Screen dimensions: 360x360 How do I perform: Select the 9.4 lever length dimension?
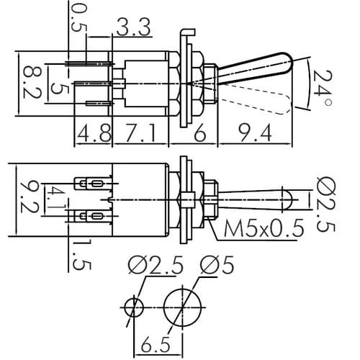pyautogui.click(x=255, y=132)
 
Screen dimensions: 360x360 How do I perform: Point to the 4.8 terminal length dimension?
pyautogui.click(x=94, y=132)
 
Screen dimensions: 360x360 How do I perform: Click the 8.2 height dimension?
pyautogui.click(x=32, y=83)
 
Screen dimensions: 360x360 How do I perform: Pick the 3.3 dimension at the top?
pyautogui.click(x=134, y=27)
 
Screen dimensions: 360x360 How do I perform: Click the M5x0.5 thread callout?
pyautogui.click(x=264, y=228)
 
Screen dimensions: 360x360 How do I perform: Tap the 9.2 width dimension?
pyautogui.click(x=30, y=197)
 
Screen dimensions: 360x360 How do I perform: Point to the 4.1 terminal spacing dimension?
pyautogui.click(x=55, y=199)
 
